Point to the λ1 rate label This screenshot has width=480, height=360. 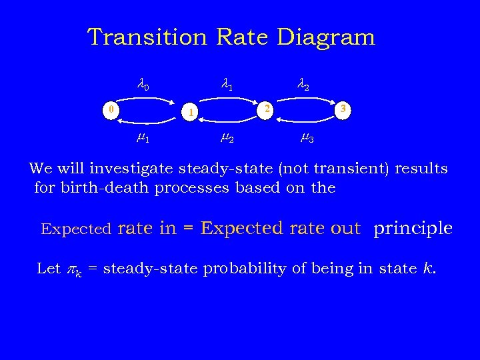(227, 85)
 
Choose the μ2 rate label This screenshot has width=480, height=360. (227, 139)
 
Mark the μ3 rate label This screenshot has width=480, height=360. (307, 139)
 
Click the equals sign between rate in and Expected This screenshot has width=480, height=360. (188, 229)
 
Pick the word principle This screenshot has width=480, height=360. (413, 229)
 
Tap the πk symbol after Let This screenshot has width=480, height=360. (73, 270)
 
